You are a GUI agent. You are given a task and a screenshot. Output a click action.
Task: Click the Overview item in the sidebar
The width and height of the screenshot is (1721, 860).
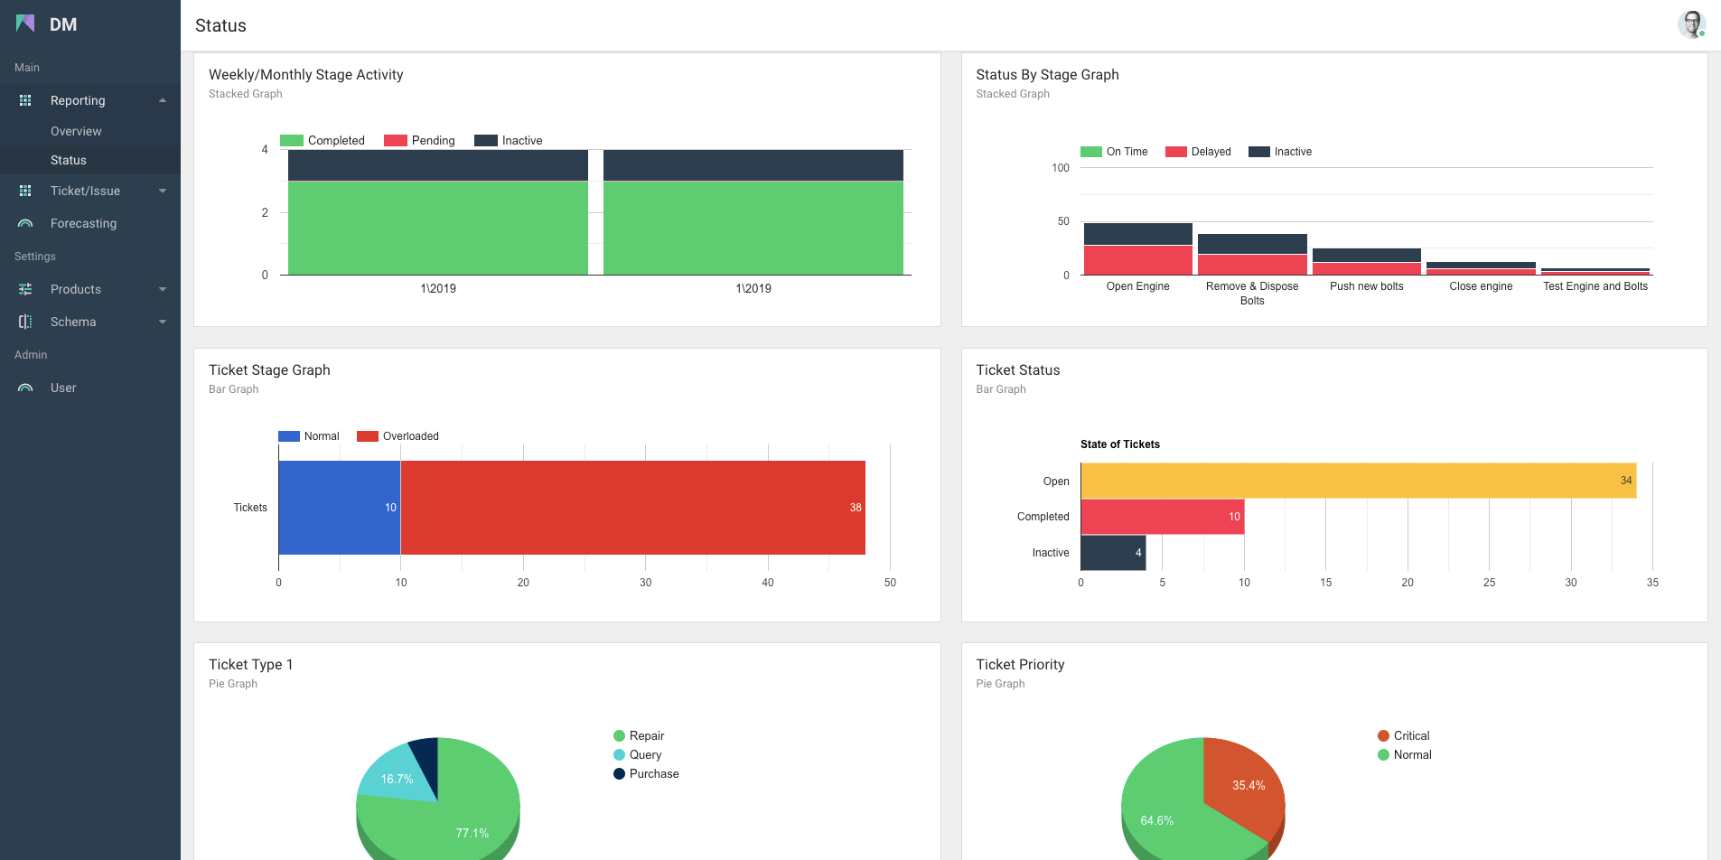(x=76, y=131)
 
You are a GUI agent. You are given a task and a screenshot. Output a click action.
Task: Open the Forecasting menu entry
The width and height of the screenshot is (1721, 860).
(x=83, y=223)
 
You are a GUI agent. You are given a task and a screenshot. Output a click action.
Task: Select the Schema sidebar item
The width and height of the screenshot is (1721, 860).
(x=73, y=322)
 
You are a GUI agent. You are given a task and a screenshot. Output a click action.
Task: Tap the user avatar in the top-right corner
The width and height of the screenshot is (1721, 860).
(x=1690, y=24)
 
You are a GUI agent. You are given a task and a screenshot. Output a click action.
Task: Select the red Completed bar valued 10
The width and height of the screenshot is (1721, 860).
(x=1162, y=517)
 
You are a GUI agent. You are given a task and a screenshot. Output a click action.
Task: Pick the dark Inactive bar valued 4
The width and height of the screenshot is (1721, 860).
(x=1112, y=553)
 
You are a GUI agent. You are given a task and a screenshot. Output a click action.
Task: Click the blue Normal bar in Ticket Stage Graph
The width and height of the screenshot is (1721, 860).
(x=339, y=508)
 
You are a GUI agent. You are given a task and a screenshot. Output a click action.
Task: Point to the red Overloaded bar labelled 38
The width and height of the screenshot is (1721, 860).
(x=632, y=508)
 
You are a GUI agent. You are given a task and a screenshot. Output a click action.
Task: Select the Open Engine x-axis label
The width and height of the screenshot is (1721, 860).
(x=1137, y=286)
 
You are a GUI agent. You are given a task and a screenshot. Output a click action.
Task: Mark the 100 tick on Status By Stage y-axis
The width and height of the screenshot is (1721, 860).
(x=1061, y=168)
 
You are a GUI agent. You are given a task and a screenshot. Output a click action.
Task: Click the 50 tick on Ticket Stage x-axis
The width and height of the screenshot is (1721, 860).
(x=890, y=583)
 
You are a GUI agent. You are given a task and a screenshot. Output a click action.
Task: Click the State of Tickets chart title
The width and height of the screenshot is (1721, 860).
(x=1119, y=444)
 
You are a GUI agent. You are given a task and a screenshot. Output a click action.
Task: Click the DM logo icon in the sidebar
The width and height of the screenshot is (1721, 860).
(x=25, y=24)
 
